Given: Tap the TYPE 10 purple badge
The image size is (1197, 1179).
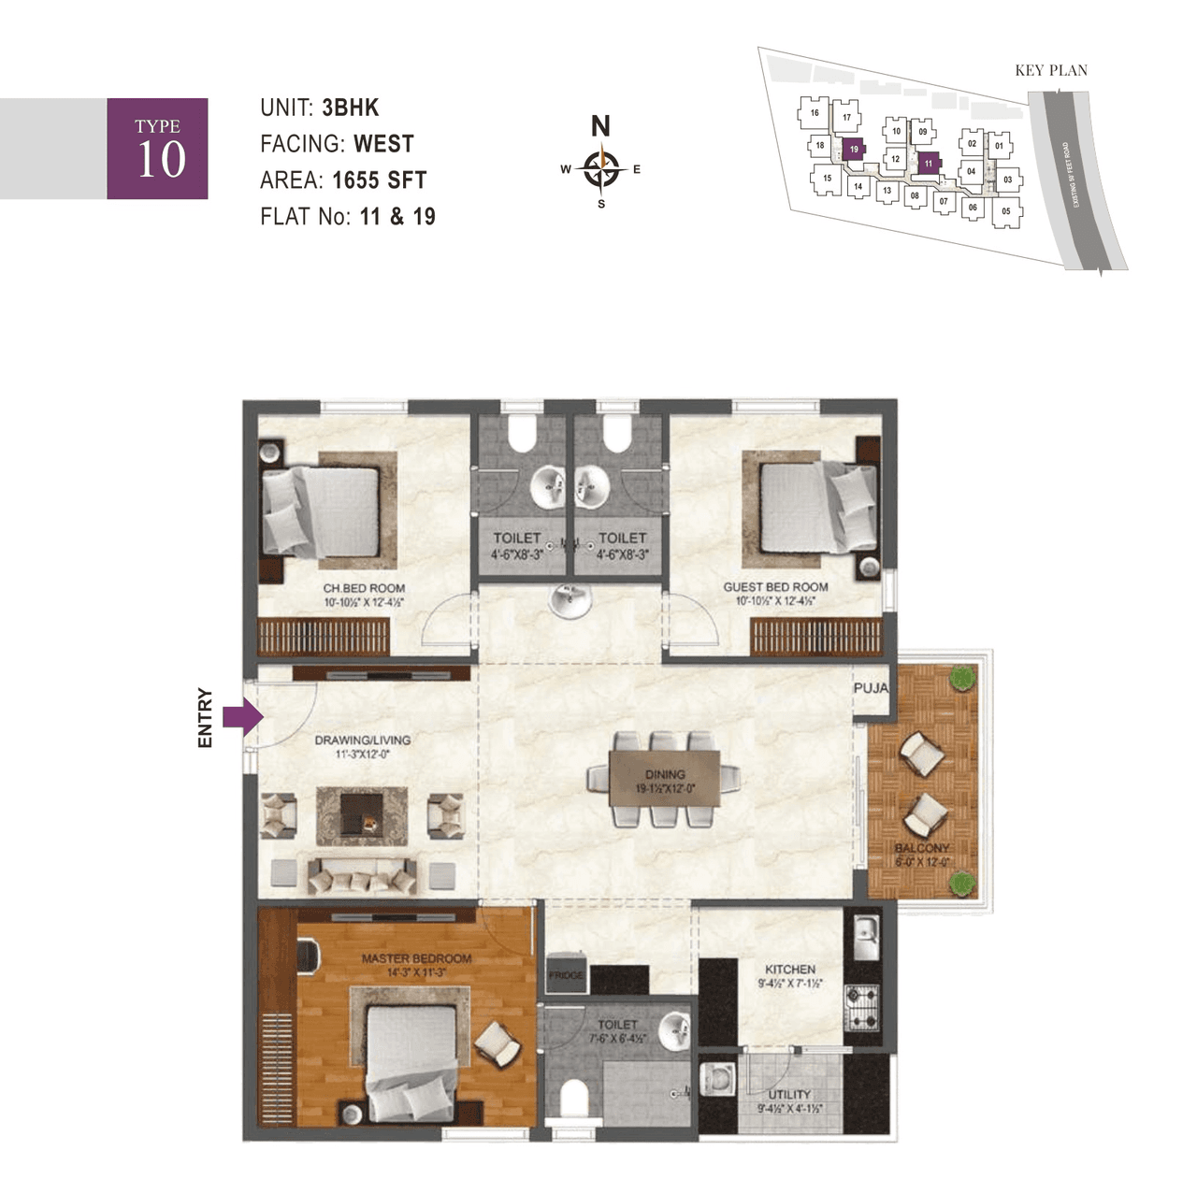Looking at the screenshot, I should click(157, 149).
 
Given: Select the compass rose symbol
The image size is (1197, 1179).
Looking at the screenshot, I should click(601, 169).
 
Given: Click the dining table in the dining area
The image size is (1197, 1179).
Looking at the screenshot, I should click(665, 778).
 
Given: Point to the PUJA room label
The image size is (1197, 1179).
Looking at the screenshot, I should click(871, 688).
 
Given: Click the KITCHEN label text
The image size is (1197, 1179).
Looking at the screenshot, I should click(790, 970).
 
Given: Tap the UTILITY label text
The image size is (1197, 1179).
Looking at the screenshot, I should click(789, 1094).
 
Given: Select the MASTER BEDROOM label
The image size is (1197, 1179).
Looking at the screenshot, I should click(416, 958).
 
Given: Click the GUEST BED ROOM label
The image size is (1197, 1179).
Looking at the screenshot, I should click(775, 587).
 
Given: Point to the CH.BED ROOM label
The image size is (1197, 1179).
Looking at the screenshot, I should click(364, 588).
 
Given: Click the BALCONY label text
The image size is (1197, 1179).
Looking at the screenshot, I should click(921, 848).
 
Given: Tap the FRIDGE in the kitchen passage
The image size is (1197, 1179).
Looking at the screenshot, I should click(566, 974).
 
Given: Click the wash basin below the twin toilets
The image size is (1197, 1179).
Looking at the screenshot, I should click(569, 600).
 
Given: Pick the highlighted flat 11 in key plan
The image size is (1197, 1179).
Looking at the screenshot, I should click(928, 164).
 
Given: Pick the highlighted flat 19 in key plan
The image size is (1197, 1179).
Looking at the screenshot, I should click(853, 150).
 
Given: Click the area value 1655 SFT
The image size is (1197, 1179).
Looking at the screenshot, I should click(379, 180).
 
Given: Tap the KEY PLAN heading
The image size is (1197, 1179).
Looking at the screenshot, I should click(1051, 70).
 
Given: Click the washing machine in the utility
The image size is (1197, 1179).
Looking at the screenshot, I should click(717, 1077).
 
